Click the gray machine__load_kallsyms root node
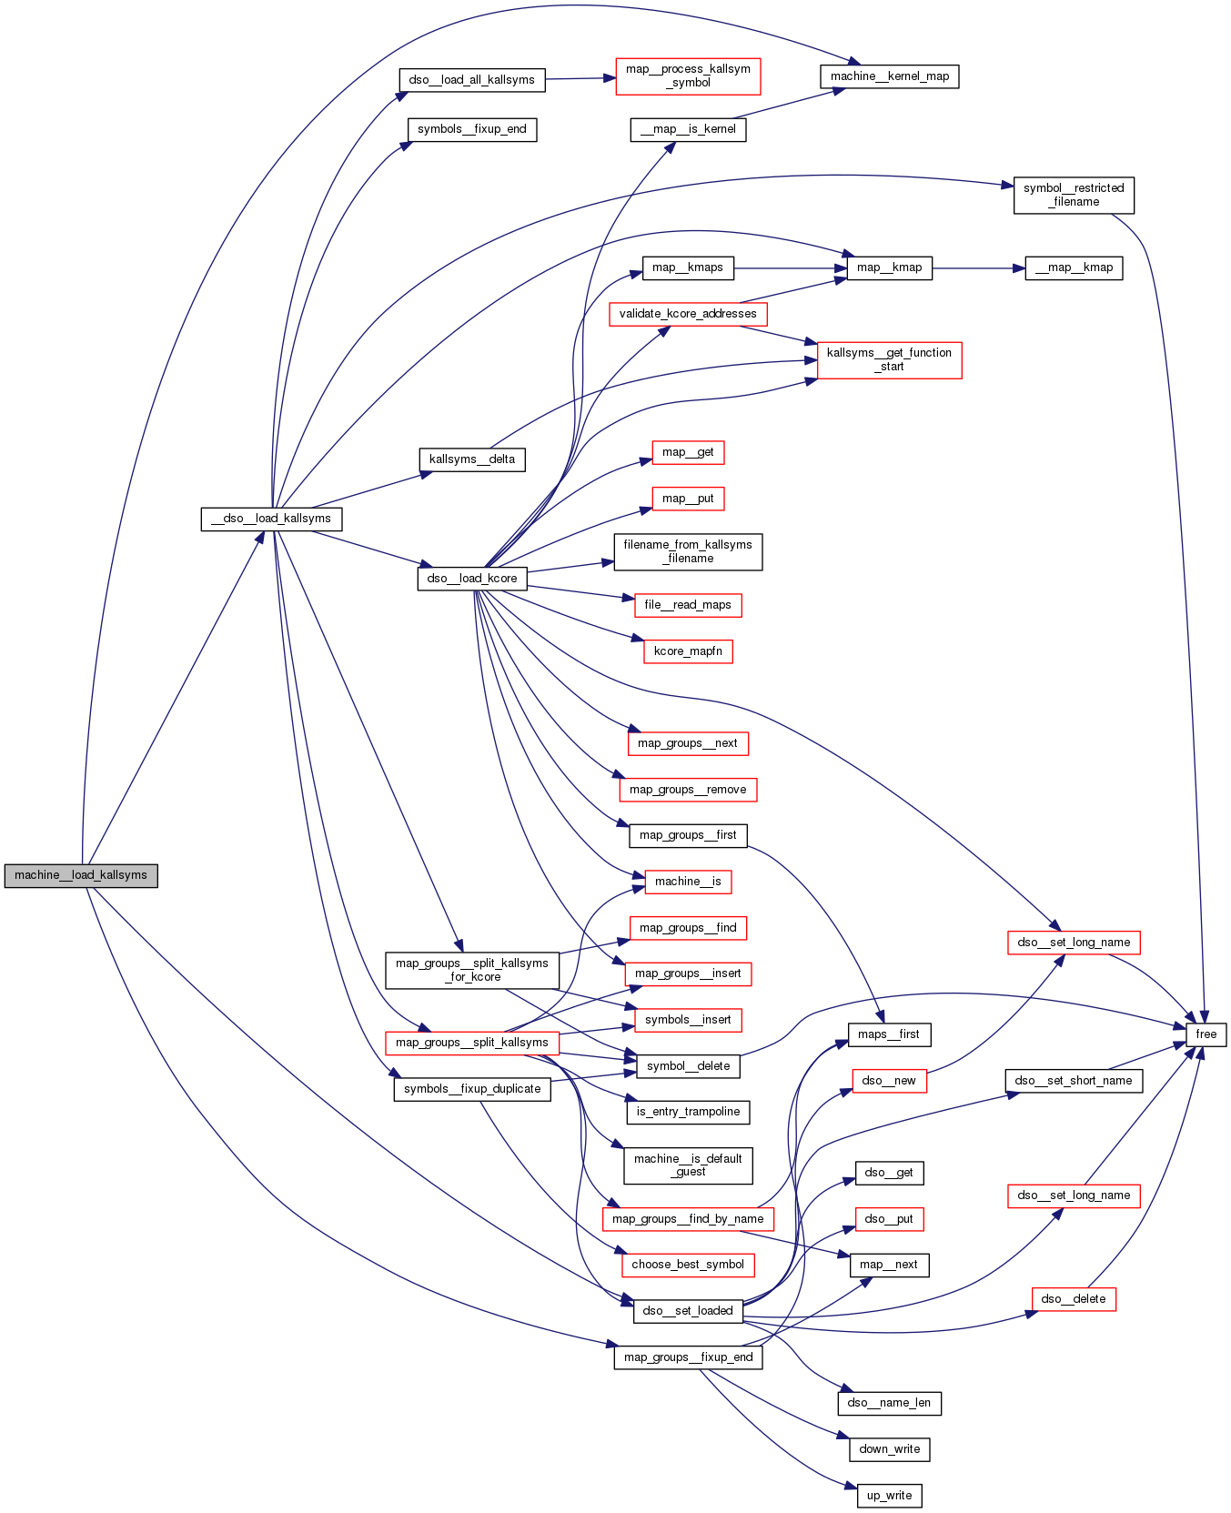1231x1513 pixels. coord(81,875)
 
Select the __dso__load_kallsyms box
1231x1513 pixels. coord(271,519)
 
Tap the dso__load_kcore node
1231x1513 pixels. coord(472,579)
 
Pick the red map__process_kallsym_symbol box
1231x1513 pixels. coord(688,76)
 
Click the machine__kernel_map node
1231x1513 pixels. coord(889,76)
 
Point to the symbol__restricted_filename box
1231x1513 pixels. coord(1074,195)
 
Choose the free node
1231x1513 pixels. coord(1206,1034)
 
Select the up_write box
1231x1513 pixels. coord(889,1496)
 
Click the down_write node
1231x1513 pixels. coord(889,1449)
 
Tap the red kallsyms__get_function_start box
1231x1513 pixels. coord(889,359)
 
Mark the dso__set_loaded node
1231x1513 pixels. coord(688,1311)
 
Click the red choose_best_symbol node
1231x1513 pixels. coord(688,1265)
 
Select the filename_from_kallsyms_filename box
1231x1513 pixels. coord(688,551)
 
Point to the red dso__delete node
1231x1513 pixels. coord(1074,1299)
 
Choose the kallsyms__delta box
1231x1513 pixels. coord(472,459)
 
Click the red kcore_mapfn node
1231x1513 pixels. coord(688,651)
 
